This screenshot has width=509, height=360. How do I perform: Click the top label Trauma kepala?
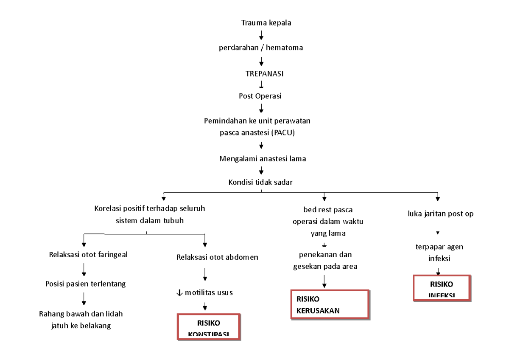(x=261, y=23)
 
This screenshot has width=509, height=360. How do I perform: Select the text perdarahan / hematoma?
(x=261, y=48)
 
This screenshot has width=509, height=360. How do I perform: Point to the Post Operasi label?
(x=261, y=96)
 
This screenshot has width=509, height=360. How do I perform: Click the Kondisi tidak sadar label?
(x=261, y=183)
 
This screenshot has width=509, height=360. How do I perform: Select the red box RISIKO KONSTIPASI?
(x=209, y=327)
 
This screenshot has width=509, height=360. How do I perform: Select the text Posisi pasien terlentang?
(x=86, y=284)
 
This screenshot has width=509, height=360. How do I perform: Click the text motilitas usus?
(x=208, y=292)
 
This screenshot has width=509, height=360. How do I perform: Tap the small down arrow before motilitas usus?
(x=180, y=292)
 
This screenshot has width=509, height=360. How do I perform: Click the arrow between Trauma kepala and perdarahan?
(x=261, y=35)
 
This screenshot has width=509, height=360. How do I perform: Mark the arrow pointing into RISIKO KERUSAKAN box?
(x=324, y=281)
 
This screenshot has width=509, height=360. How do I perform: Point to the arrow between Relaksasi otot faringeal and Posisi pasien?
(x=84, y=269)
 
